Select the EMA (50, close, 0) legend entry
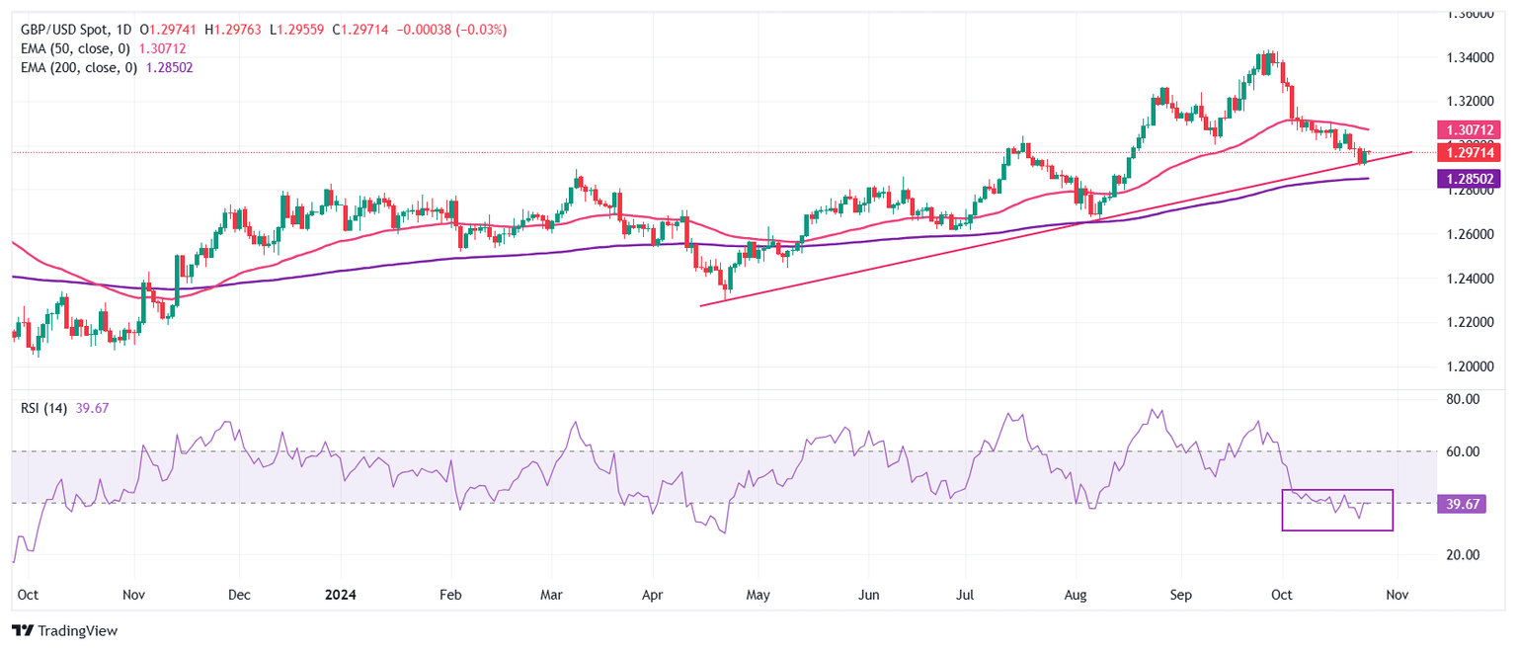click(x=74, y=48)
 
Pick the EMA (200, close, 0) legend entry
click(x=78, y=67)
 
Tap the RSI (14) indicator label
click(x=44, y=409)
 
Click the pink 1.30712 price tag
click(x=1474, y=129)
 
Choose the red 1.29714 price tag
click(x=1474, y=152)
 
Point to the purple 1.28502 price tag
click(x=1474, y=179)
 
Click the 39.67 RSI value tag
click(x=1465, y=504)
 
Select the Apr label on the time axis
click(x=653, y=596)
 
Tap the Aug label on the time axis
click(x=1076, y=596)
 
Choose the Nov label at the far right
click(x=1397, y=596)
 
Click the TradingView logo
click(x=64, y=630)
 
